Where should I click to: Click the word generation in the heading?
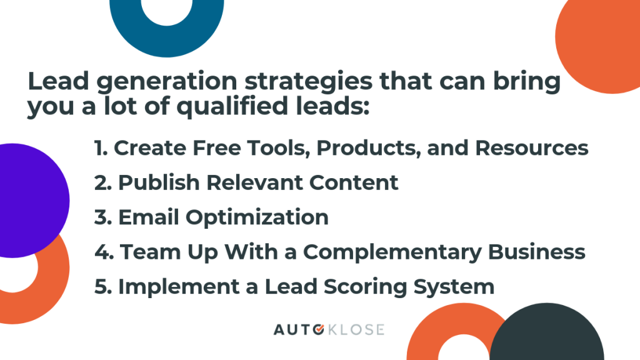[166, 82]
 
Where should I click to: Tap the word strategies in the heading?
[308, 82]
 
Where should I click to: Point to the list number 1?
[101, 147]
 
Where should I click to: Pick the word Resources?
[531, 147]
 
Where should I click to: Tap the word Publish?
[158, 182]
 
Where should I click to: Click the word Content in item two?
[354, 182]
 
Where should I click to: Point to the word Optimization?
[257, 217]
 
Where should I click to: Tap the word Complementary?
[392, 252]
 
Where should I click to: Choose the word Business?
[537, 252]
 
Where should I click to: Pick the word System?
[454, 287]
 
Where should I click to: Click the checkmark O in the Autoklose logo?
[319, 329]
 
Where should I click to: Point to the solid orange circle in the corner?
[597, 41]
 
